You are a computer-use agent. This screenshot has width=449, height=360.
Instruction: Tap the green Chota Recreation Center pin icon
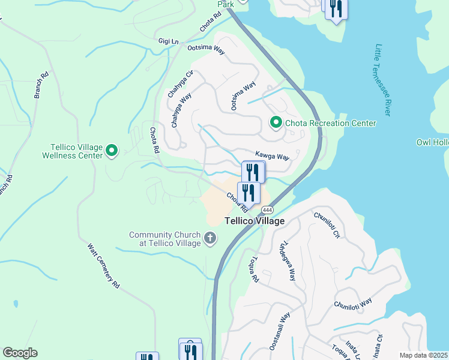coord(276,122)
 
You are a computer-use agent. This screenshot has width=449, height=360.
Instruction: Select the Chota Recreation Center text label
coord(330,123)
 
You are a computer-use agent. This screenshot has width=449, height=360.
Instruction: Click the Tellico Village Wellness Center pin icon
coord(112,150)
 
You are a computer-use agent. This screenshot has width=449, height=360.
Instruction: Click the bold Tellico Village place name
coord(255,221)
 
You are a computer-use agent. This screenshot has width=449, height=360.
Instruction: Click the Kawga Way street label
coord(272,156)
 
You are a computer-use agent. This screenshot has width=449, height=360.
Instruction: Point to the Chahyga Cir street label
coord(180,85)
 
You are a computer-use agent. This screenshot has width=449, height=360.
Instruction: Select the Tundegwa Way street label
coord(286,262)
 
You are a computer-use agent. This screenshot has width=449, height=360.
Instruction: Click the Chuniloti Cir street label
coord(327,224)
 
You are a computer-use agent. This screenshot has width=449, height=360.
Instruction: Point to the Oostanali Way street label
coord(280,330)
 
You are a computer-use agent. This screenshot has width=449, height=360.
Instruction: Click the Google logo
coord(20,353)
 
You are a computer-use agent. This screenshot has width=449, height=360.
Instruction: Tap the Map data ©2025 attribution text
coord(423,355)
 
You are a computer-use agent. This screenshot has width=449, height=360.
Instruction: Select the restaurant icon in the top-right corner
coord(336,8)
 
